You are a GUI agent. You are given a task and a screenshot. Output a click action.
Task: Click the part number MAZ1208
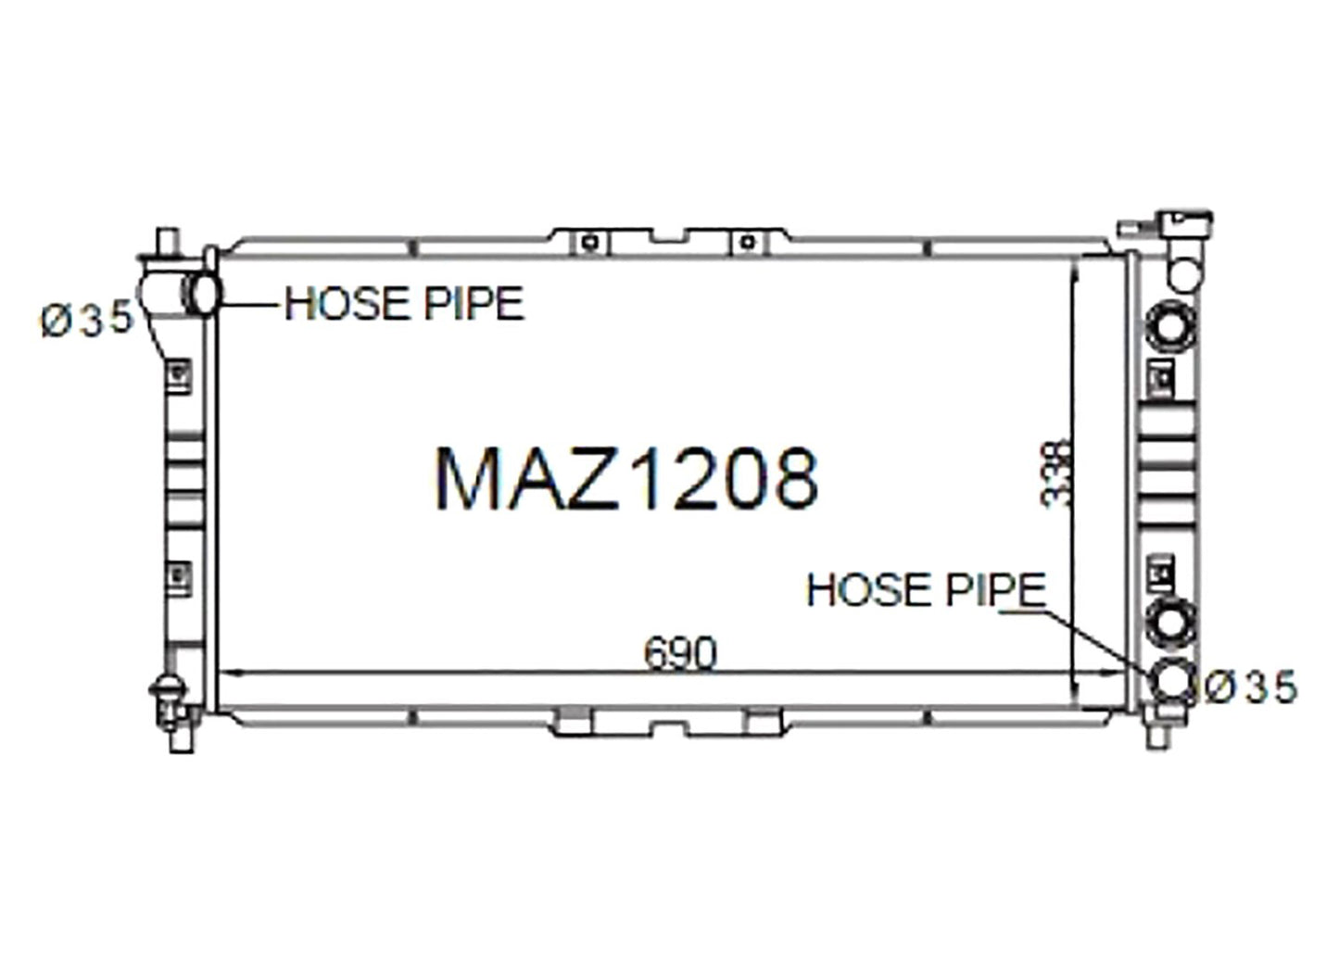click(x=627, y=480)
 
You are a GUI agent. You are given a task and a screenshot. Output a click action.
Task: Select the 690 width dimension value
click(x=680, y=654)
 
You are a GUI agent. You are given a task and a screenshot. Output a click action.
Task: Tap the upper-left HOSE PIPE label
click(x=404, y=304)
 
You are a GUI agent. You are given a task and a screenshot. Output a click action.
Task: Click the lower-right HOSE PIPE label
click(x=926, y=589)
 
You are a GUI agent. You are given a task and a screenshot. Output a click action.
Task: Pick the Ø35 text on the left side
click(x=87, y=319)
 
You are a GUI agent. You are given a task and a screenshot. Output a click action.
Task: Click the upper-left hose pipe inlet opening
click(x=203, y=295)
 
